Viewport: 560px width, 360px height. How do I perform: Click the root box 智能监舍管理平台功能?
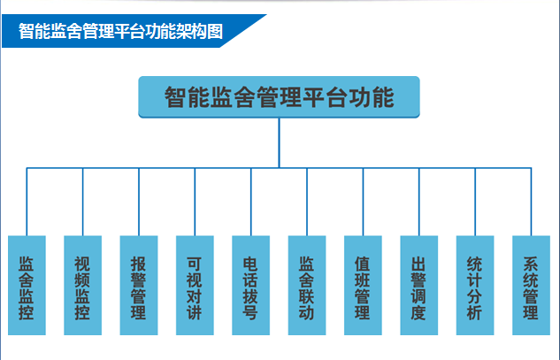tap(279, 97)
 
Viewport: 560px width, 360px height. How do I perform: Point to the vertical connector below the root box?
tap(279, 142)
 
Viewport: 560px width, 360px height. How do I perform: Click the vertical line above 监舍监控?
tap(27, 202)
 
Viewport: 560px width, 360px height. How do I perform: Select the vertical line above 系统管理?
tap(532, 202)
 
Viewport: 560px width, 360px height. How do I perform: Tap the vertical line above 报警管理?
tap(139, 202)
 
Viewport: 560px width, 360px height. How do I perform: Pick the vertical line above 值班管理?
tap(364, 202)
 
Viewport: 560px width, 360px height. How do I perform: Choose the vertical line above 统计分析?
tap(476, 202)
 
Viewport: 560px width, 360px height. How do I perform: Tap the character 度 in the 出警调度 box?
tap(419, 311)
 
